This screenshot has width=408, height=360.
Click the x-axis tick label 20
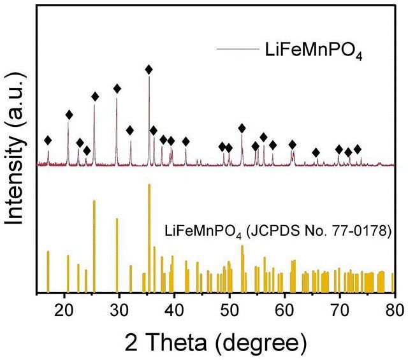(64, 311)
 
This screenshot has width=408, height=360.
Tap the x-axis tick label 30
(119, 311)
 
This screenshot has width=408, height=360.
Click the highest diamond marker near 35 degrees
(149, 69)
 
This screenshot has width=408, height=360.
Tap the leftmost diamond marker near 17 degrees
(48, 140)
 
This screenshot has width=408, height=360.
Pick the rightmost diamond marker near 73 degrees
(358, 149)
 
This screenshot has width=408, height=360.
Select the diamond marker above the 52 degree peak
(242, 128)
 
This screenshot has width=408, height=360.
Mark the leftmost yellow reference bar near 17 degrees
(48, 271)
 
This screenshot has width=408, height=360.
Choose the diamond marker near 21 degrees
(69, 115)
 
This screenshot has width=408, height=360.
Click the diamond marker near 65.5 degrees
(316, 152)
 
